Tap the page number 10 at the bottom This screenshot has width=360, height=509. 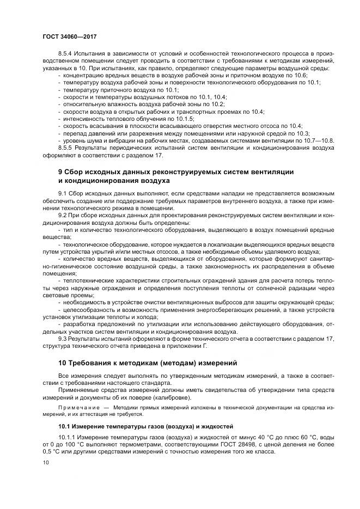tap(45, 462)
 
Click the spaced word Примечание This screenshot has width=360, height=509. tap(78, 407)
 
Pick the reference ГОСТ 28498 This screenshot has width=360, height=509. tap(242, 444)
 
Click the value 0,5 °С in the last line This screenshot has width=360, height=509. tap(54, 452)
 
